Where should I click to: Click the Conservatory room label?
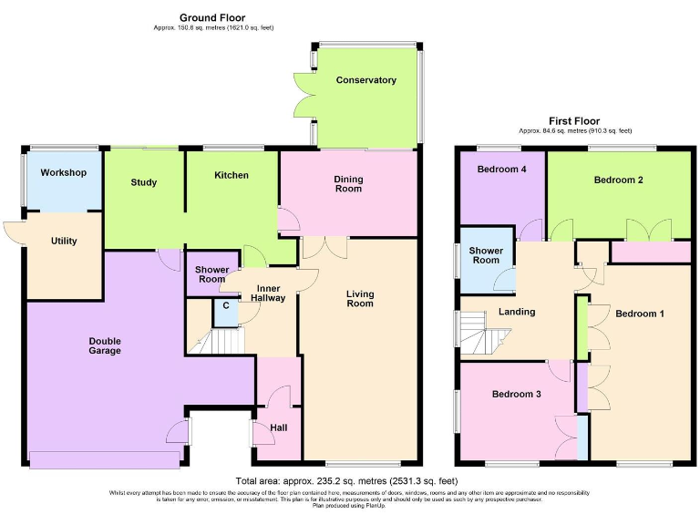365,80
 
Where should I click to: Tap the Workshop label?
63,172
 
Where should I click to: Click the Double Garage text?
105,345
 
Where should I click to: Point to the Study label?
144,182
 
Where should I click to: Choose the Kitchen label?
231,175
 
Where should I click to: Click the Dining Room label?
348,183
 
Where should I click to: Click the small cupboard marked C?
225,307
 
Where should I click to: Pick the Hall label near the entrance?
279,427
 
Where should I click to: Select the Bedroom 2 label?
619,180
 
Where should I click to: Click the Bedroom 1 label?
639,314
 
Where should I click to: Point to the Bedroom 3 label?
517,394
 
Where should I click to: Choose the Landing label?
516,312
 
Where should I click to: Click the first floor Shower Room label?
484,255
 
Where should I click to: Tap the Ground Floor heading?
212,17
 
